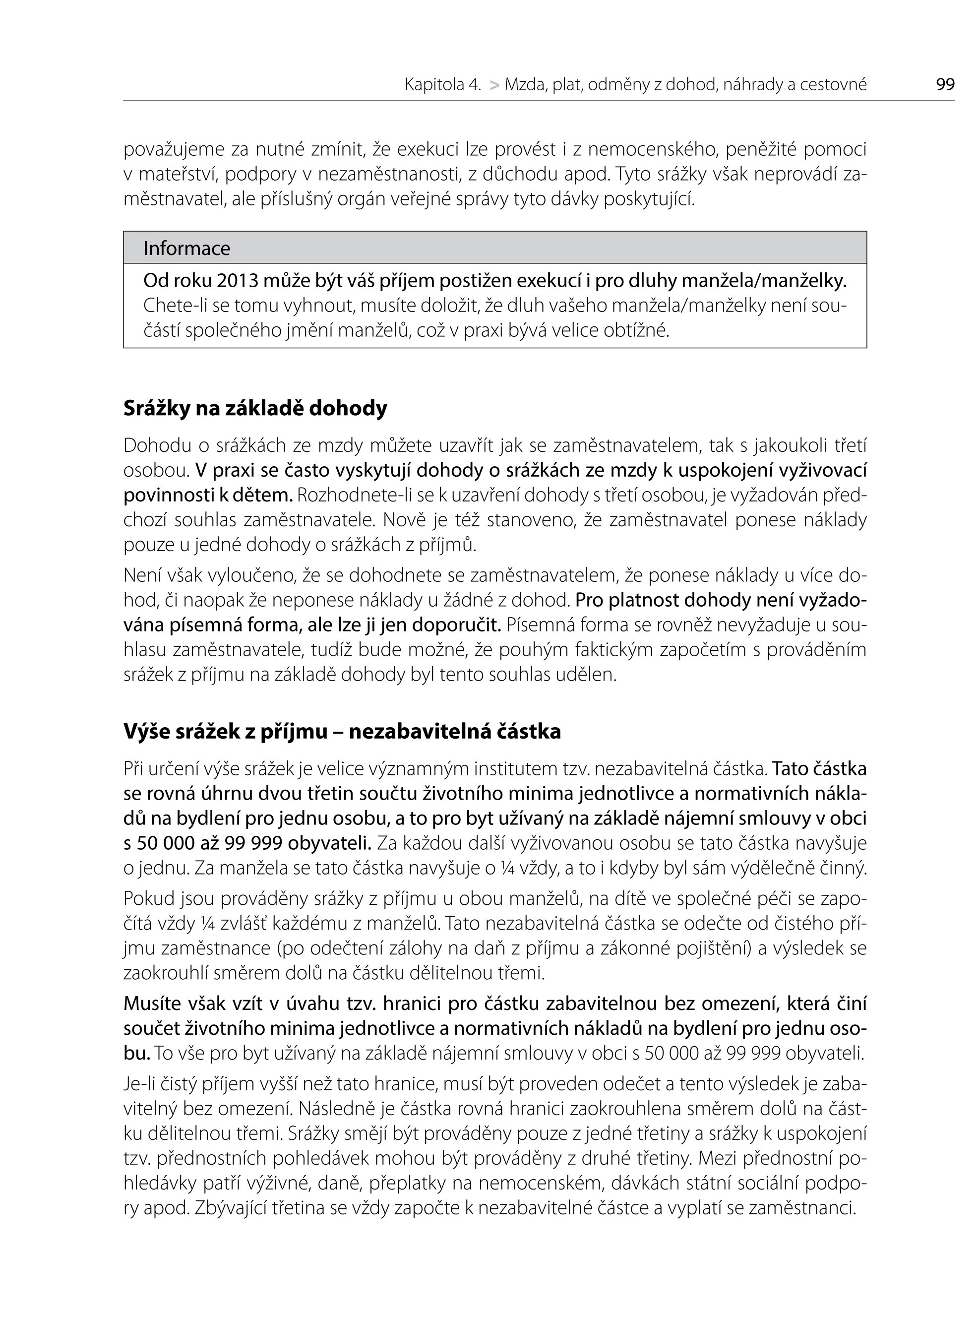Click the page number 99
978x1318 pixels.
(945, 85)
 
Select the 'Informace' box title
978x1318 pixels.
(186, 248)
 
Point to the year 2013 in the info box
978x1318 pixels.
(237, 281)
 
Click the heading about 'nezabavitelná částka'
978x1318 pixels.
(342, 732)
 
